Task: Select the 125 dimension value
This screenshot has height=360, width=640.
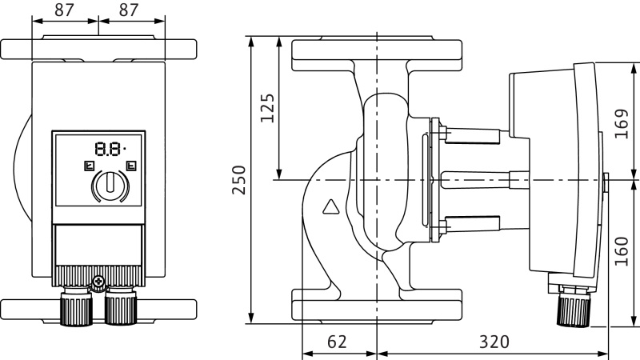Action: tap(267, 107)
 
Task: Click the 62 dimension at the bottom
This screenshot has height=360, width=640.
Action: tap(338, 342)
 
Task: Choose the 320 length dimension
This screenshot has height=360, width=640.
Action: tap(494, 342)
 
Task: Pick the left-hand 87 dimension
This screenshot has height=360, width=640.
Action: tap(65, 10)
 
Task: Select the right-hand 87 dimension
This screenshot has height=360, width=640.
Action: tap(132, 10)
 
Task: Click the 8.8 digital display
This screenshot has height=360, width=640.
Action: tap(109, 149)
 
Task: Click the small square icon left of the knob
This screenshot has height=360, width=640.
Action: tap(89, 167)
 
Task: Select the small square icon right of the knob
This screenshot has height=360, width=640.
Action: tap(131, 167)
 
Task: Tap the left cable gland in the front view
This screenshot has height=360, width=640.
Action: tap(76, 307)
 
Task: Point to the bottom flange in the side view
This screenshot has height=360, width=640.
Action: tap(376, 306)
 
